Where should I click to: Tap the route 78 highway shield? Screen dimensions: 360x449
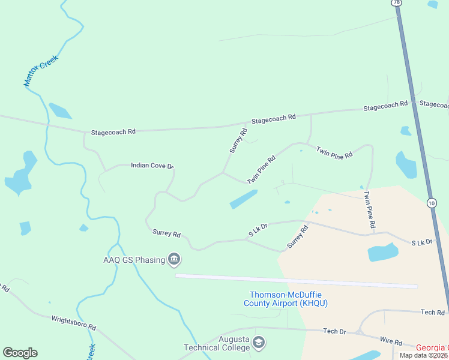pyautogui.click(x=396, y=3)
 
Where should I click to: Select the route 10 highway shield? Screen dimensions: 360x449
pyautogui.click(x=432, y=202)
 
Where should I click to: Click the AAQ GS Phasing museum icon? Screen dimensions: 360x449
pyautogui.click(x=175, y=260)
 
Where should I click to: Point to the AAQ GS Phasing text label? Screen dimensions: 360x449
pyautogui.click(x=134, y=260)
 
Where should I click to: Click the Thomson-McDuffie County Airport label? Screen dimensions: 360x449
pyautogui.click(x=285, y=299)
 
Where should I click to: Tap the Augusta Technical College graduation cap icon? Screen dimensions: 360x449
pyautogui.click(x=259, y=343)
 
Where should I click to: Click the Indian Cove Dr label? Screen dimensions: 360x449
pyautogui.click(x=152, y=165)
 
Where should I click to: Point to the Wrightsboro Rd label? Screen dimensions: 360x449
pyautogui.click(x=74, y=323)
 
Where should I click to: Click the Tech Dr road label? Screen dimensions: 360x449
pyautogui.click(x=334, y=331)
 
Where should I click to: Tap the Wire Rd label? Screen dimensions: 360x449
pyautogui.click(x=390, y=342)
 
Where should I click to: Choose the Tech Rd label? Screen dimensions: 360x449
pyautogui.click(x=432, y=313)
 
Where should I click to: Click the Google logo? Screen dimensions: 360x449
pyautogui.click(x=20, y=353)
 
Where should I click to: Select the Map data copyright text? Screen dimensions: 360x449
pyautogui.click(x=424, y=355)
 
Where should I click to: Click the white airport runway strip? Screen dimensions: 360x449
pyautogui.click(x=296, y=281)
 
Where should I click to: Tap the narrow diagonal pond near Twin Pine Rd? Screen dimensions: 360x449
pyautogui.click(x=243, y=199)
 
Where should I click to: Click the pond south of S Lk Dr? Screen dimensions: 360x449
pyautogui.click(x=382, y=252)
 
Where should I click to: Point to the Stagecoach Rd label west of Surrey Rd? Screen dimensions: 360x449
pyautogui.click(x=113, y=131)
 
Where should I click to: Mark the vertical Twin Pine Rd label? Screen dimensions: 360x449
pyautogui.click(x=369, y=209)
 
